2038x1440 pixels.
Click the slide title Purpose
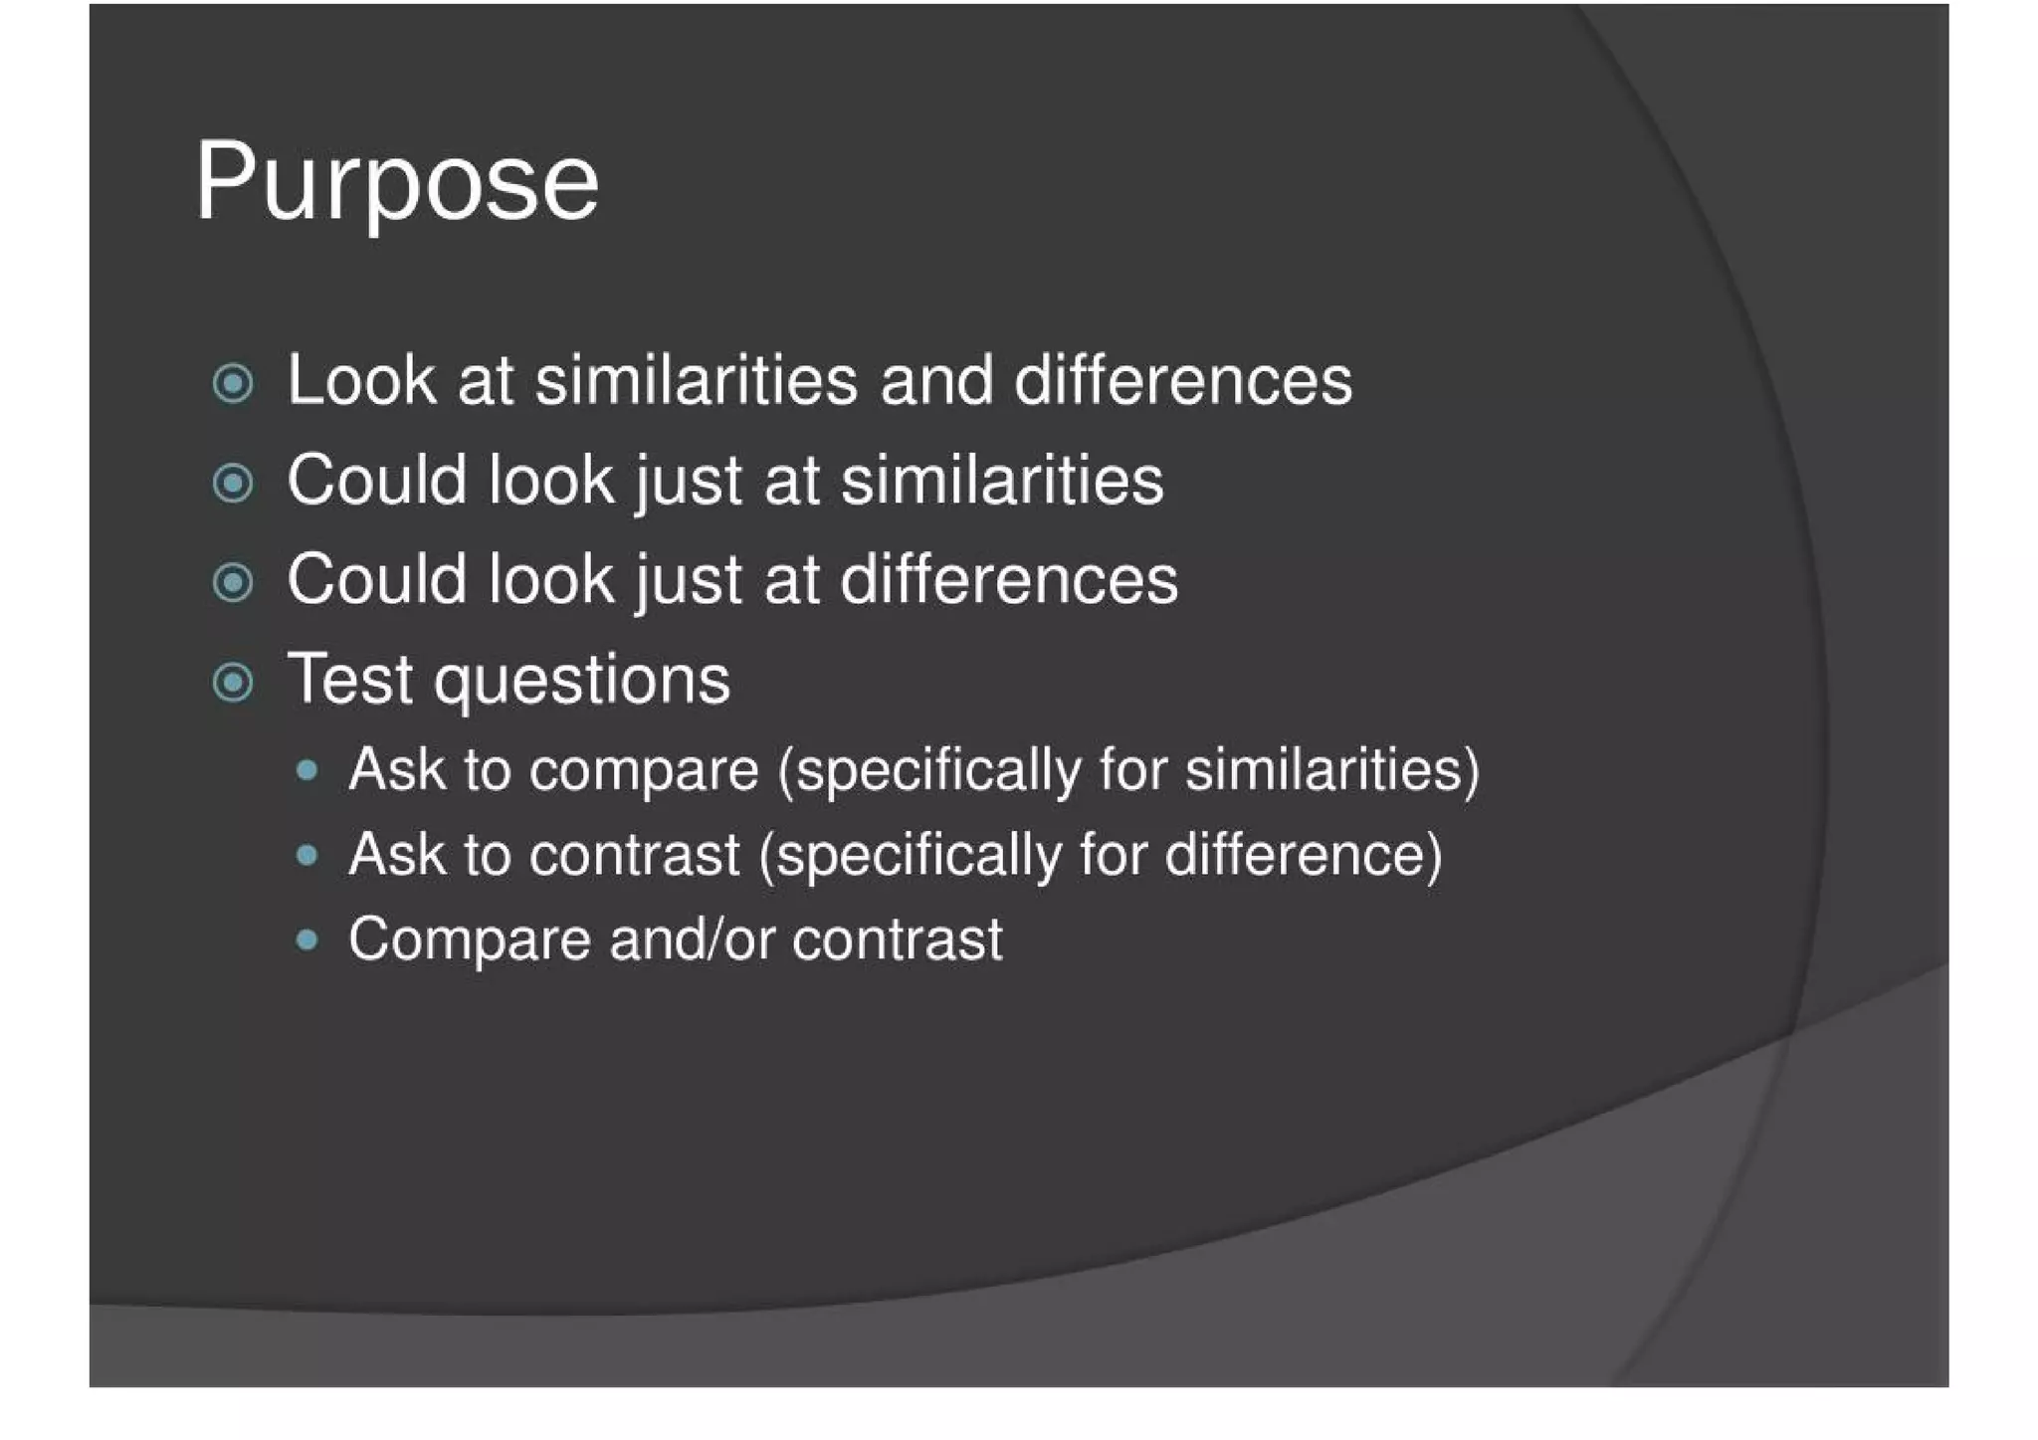pyautogui.click(x=396, y=184)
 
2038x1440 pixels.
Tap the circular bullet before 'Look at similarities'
pyautogui.click(x=233, y=383)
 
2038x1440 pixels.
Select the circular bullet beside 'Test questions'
pyautogui.click(x=233, y=683)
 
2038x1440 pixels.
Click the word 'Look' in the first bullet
pyautogui.click(x=360, y=381)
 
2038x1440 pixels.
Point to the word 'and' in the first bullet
pyautogui.click(x=936, y=381)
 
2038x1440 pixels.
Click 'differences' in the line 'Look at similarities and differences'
pyautogui.click(x=1182, y=381)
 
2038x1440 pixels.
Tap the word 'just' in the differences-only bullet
pyautogui.click(x=688, y=581)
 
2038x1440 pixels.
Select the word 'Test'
pyautogui.click(x=348, y=680)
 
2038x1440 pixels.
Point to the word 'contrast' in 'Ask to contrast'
pyautogui.click(x=634, y=856)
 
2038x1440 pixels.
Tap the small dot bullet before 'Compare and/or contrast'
pyautogui.click(x=307, y=939)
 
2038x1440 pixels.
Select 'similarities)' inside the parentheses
pyautogui.click(x=1331, y=770)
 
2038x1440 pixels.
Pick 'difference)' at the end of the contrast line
pyautogui.click(x=1303, y=856)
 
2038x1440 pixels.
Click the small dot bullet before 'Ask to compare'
pyautogui.click(x=307, y=770)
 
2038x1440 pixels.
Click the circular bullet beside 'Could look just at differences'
pyautogui.click(x=233, y=583)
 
